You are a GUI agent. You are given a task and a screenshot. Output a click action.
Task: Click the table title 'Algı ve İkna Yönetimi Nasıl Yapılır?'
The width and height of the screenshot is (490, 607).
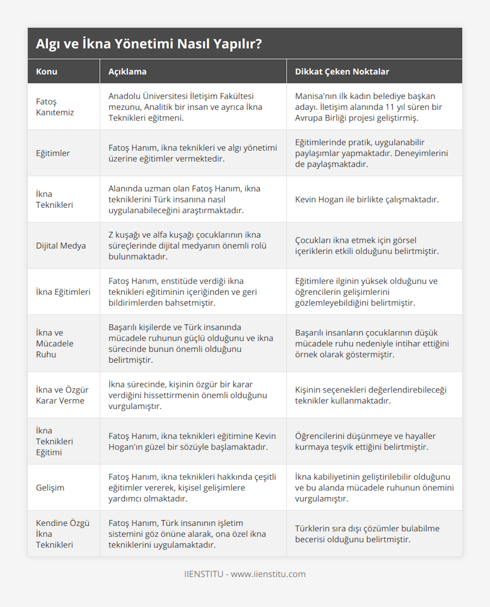149,44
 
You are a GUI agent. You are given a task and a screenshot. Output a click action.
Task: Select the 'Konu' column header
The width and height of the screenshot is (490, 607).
47,72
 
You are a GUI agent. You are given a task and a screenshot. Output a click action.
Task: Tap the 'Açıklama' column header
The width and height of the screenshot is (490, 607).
127,72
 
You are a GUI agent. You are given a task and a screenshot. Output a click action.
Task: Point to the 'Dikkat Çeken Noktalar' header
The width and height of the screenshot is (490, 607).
342,72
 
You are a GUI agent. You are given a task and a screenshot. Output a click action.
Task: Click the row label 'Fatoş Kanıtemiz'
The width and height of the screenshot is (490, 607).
55,107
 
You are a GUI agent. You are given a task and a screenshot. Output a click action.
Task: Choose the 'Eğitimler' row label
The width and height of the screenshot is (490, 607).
53,153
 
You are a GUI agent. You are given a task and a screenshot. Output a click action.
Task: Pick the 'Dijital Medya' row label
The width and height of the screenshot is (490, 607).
61,246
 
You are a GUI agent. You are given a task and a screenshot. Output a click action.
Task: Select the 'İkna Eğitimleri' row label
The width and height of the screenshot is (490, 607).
63,292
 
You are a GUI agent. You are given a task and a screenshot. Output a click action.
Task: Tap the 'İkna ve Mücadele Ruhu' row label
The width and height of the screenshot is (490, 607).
55,343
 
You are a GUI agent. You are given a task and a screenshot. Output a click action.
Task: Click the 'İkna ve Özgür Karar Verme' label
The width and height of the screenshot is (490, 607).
62,395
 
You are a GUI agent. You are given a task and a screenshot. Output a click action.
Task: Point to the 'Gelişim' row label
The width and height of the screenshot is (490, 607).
50,488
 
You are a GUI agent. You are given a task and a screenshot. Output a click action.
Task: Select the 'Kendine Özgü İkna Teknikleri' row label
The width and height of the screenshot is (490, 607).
62,534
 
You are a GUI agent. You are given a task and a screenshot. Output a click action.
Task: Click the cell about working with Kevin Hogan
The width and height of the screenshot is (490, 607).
367,199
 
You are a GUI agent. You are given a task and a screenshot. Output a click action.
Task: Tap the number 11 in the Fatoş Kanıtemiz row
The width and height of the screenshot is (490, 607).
390,107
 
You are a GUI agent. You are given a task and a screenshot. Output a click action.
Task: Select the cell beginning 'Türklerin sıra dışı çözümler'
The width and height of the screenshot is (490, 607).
367,534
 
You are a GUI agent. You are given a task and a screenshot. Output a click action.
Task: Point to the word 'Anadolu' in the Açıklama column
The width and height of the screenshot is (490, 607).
124,96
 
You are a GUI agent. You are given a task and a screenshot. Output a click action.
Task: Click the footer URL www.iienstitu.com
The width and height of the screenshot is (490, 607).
268,574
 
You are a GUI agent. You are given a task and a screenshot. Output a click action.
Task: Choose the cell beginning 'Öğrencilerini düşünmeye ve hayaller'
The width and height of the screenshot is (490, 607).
365,441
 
